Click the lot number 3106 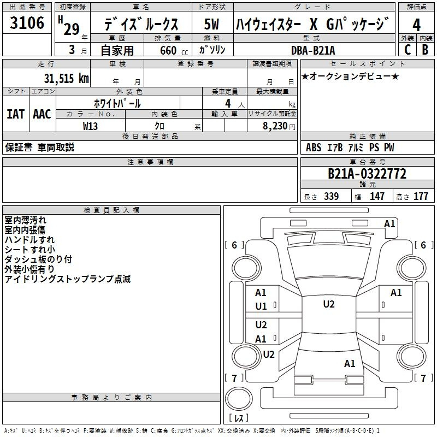27,22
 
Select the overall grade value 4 416,25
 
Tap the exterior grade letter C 408,50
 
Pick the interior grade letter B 426,50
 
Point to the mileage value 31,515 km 66,78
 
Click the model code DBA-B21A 313,50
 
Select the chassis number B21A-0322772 367,174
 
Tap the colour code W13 90,126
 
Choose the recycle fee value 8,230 275,126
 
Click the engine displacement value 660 168,50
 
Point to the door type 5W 211,24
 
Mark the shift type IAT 16,114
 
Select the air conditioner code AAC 42,114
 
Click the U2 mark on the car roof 329,304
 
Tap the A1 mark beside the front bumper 389,224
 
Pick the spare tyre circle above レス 239,399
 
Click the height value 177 421,196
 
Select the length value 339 332,196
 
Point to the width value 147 377,196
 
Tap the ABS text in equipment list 314,147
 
